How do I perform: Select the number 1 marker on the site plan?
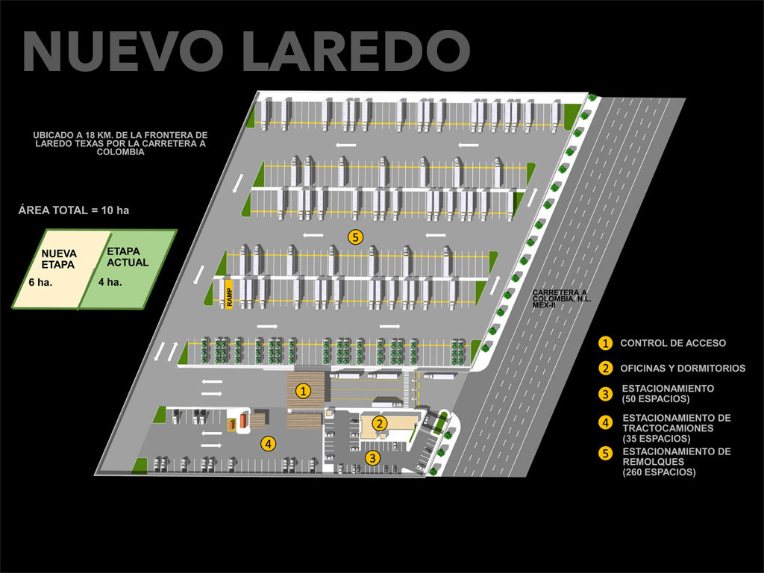pos(303,390)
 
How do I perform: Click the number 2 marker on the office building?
pos(381,424)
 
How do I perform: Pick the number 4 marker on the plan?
pos(268,443)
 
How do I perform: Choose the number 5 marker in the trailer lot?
pos(355,237)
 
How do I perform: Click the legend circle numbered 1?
pos(606,343)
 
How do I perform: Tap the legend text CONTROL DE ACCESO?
pos(673,343)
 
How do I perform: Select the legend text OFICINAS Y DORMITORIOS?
pos(683,368)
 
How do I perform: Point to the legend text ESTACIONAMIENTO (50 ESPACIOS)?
pos(668,393)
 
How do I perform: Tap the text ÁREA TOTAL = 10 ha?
pos(74,210)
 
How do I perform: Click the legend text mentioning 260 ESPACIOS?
pos(676,462)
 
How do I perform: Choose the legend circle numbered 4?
pos(606,422)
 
